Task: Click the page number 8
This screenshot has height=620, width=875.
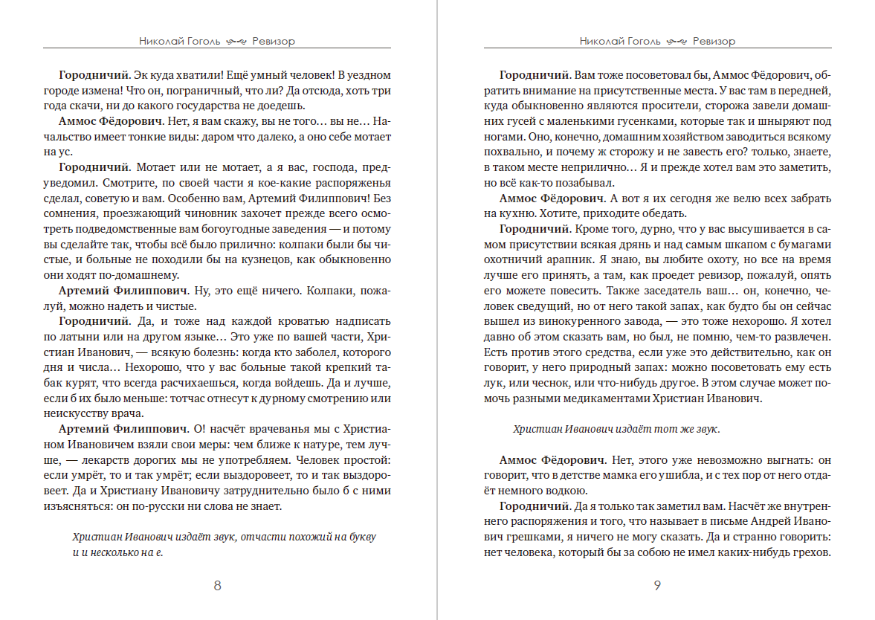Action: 217,585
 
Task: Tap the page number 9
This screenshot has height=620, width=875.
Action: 657,585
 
